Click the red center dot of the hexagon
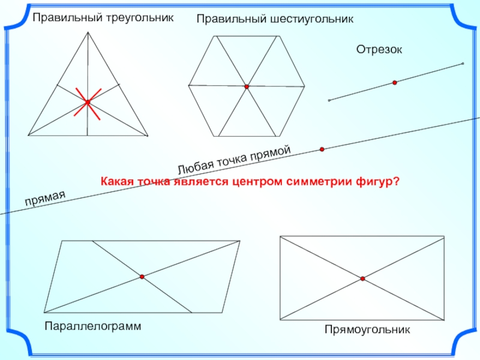click(x=247, y=87)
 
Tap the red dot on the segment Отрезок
click(x=395, y=83)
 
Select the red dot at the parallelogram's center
click(x=142, y=277)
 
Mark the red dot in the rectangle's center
click(x=363, y=278)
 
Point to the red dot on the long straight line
click(x=322, y=149)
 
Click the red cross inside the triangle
click(x=88, y=103)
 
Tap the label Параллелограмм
click(x=92, y=326)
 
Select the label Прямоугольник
click(x=367, y=329)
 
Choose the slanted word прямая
click(x=44, y=197)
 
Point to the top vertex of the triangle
click(x=89, y=32)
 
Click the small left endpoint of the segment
click(x=329, y=100)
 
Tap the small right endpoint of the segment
click(x=463, y=64)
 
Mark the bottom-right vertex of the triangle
click(x=148, y=135)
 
